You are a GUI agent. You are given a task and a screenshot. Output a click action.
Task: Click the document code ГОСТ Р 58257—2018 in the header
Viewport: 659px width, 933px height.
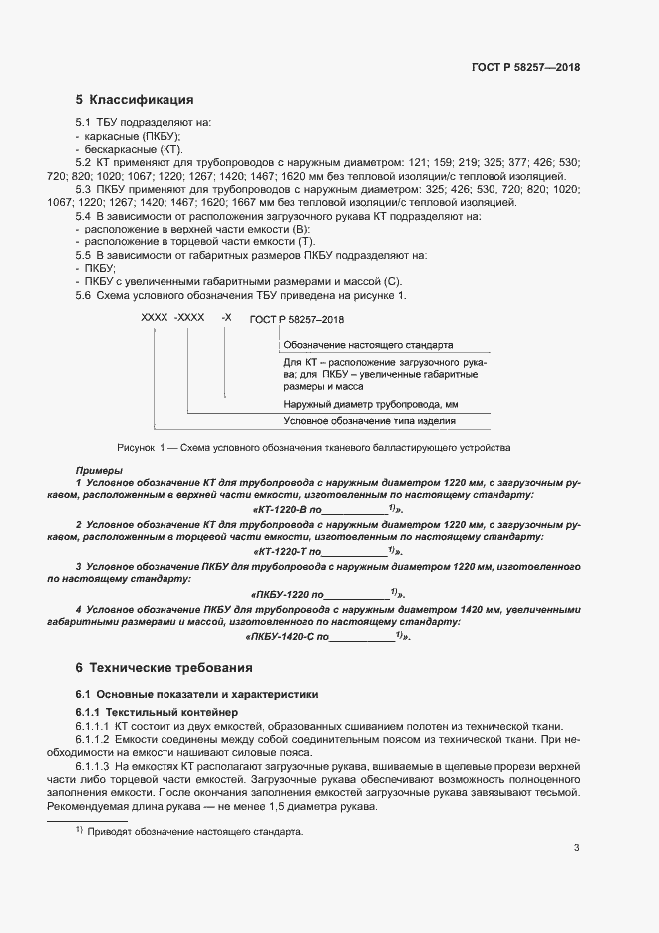pyautogui.click(x=524, y=67)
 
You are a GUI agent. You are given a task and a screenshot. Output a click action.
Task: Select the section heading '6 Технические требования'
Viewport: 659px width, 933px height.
pyautogui.click(x=165, y=667)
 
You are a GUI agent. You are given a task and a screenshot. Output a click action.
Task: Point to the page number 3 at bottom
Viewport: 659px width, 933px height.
pyautogui.click(x=576, y=848)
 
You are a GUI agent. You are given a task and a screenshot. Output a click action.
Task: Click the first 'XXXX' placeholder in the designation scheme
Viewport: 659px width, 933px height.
pyautogui.click(x=155, y=316)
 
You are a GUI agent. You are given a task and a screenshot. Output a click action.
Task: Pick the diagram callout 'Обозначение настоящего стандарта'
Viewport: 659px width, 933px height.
pyautogui.click(x=368, y=342)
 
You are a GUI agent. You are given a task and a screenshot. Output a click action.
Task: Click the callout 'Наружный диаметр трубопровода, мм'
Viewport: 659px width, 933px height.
pyautogui.click(x=370, y=405)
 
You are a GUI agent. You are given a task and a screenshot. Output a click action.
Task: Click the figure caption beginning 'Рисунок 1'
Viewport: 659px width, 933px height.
pyautogui.click(x=313, y=447)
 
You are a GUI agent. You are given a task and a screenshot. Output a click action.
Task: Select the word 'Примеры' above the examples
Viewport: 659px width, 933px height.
pyautogui.click(x=99, y=470)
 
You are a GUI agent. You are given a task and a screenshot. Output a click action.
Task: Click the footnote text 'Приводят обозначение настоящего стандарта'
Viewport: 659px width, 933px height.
pyautogui.click(x=193, y=831)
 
